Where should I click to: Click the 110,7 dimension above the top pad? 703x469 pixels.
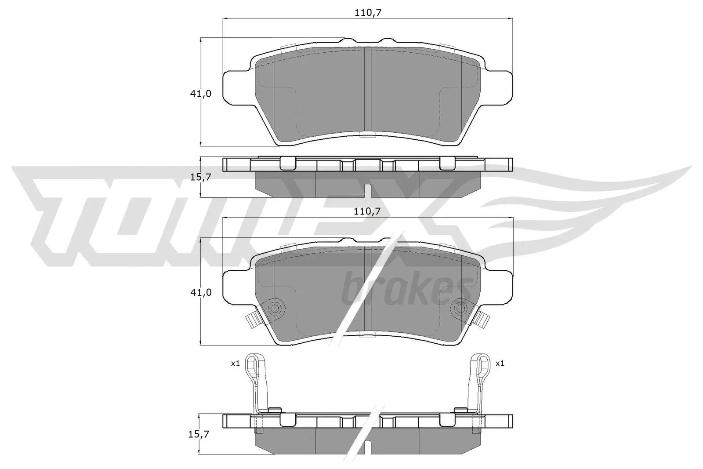click(368, 13)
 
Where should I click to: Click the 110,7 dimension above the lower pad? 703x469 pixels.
click(368, 211)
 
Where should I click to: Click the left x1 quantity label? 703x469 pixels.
click(235, 364)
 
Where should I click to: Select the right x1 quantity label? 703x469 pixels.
click(500, 364)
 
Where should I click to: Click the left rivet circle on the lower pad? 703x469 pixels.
click(275, 308)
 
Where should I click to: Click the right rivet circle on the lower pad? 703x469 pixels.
click(460, 308)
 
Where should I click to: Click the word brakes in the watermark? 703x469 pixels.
click(402, 288)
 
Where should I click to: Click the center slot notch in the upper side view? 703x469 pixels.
click(368, 190)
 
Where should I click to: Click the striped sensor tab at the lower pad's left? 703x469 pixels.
click(252, 320)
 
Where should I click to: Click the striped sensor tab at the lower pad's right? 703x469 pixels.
click(484, 320)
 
